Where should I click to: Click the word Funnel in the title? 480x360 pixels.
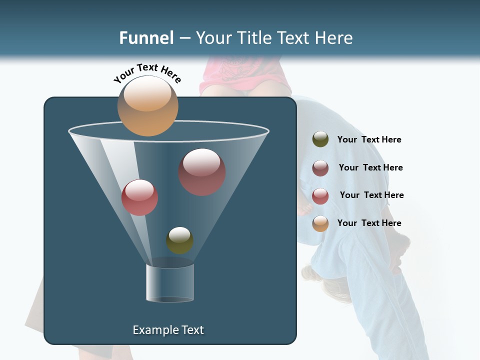click(146, 38)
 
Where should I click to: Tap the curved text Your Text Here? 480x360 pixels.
click(147, 72)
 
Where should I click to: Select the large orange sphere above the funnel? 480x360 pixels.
click(148, 105)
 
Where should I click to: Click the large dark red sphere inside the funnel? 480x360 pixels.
click(202, 171)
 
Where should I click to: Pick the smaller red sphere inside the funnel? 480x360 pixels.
click(139, 197)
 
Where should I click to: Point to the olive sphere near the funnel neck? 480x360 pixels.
click(179, 240)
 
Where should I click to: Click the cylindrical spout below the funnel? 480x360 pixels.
click(170, 283)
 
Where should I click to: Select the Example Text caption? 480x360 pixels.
click(168, 330)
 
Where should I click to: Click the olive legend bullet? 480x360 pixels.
click(320, 139)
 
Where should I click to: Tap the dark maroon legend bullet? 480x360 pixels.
click(320, 167)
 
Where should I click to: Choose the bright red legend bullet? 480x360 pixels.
click(320, 195)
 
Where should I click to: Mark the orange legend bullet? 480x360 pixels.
click(320, 223)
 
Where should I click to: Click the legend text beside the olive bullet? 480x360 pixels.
click(369, 139)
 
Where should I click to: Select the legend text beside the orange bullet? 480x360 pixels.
click(369, 223)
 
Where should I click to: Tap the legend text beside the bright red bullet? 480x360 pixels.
click(371, 195)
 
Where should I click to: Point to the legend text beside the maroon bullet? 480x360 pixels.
click(370, 167)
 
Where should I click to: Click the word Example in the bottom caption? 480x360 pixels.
click(155, 330)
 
